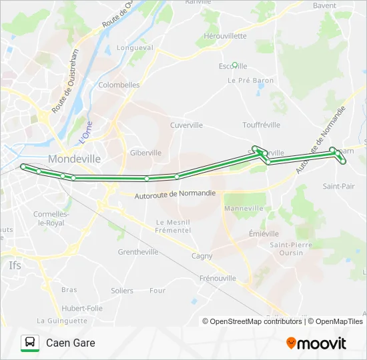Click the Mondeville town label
[74, 159]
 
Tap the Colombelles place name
[119, 85]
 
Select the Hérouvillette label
[225, 36]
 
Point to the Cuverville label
[186, 125]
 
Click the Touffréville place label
[261, 125]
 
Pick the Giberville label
[145, 153]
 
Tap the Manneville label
[244, 209]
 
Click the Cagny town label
[202, 256]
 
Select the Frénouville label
[218, 277]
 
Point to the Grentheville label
[137, 252]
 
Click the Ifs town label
[15, 265]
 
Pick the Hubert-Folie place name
[82, 309]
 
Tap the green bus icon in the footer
[29, 343]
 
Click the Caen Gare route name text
[71, 343]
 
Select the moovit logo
[316, 343]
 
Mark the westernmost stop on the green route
[23, 166]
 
